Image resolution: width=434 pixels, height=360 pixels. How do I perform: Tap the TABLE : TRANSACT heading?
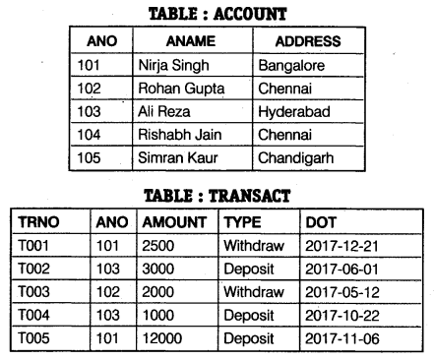[218, 196]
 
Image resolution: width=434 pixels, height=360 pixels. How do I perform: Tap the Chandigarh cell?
[295, 157]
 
